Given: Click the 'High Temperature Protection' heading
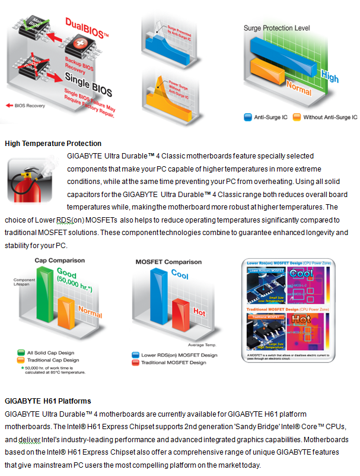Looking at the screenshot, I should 53,144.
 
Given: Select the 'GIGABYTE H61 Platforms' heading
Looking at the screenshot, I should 47,401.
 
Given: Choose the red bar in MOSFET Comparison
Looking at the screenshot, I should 180,320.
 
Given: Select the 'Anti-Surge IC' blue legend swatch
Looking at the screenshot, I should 248,118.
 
